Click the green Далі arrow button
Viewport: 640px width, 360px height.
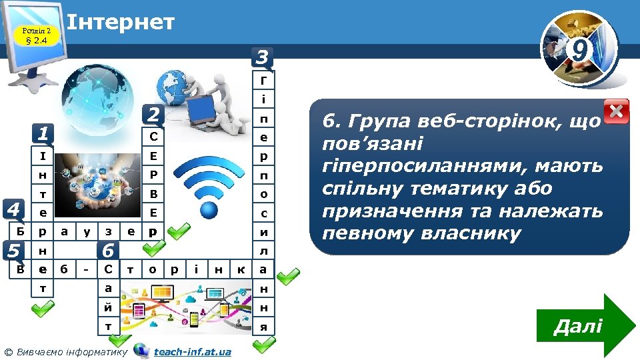(587, 326)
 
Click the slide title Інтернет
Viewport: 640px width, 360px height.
(121, 22)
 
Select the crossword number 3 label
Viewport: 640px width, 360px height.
(262, 58)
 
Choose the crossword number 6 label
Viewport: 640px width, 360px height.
(108, 251)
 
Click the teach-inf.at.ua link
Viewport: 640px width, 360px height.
(192, 351)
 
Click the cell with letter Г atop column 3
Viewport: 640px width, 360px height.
(264, 81)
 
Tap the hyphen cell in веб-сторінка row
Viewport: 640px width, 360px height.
(86, 269)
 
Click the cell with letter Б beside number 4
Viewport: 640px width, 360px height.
(21, 232)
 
